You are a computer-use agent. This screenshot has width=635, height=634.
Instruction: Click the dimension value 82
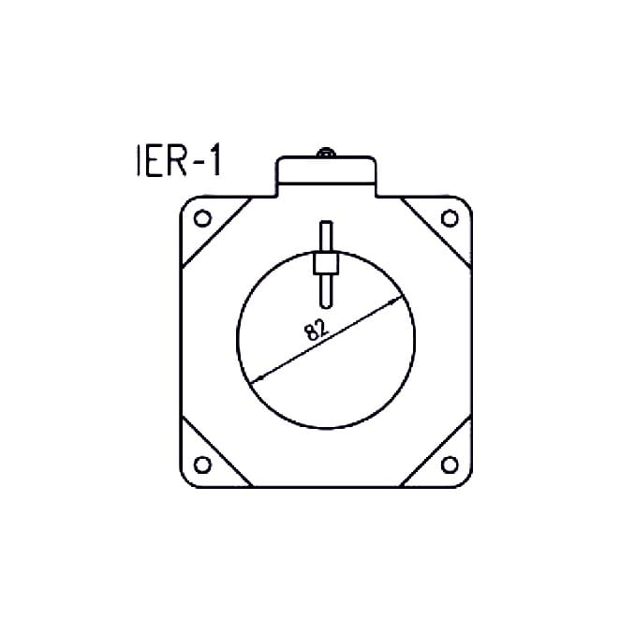315,329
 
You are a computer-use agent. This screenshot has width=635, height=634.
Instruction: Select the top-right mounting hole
450,218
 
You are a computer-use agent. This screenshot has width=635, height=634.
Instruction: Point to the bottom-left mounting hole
201,465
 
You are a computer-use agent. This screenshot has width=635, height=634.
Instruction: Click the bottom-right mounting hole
450,465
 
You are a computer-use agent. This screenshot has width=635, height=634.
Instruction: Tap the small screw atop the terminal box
325,153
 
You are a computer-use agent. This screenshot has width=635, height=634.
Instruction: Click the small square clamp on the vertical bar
325,263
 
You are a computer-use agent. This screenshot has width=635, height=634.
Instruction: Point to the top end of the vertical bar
325,226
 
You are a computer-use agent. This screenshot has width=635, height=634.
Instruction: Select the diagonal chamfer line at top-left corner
215,233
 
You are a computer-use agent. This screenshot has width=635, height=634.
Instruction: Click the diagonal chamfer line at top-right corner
436,233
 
